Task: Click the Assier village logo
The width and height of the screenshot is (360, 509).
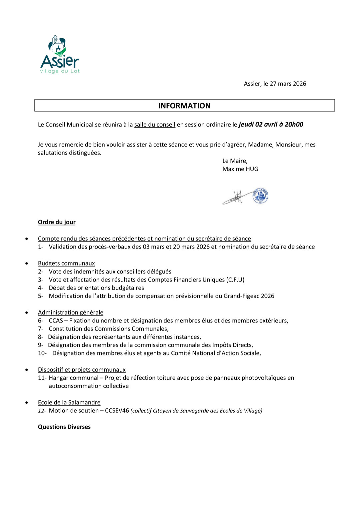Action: pos(60,54)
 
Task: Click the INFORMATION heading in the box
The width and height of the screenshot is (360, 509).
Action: pos(184,106)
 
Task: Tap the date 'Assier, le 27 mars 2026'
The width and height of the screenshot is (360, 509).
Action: pos(275,84)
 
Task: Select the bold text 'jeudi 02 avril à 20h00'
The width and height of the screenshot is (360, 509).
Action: pos(271,124)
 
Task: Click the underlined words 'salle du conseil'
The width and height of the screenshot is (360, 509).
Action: pos(155,125)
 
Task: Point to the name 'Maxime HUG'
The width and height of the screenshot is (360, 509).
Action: pos(240,169)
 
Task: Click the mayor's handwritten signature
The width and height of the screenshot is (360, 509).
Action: pos(236,197)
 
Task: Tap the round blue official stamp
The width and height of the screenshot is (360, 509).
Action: pos(260,196)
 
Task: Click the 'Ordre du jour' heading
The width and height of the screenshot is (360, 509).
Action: pos(57,222)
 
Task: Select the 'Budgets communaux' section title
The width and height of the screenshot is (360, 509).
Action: pos(66,263)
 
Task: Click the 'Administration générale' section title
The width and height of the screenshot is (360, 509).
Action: pos(71,312)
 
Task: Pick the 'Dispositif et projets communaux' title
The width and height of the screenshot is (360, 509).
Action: pos(82,370)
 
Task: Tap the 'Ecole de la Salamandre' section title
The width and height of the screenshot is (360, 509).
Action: pos(69,402)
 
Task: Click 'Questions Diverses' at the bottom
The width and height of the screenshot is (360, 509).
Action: pos(64,427)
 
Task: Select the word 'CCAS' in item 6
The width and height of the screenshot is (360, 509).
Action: pos(56,320)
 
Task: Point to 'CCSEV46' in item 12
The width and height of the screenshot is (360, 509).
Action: pos(117,411)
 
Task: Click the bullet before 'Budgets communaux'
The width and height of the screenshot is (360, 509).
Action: pos(27,263)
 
